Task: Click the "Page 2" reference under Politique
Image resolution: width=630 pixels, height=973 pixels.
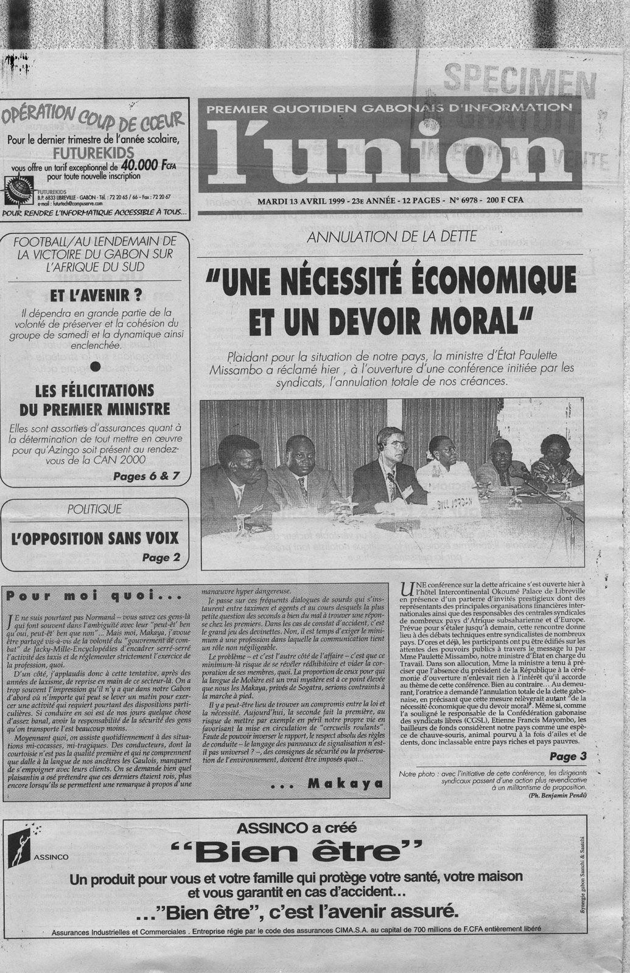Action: pos(161,556)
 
